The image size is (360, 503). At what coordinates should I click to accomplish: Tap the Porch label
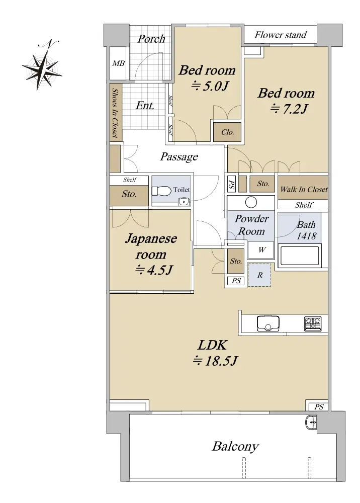click(151, 39)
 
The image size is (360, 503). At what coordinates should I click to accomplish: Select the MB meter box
click(118, 63)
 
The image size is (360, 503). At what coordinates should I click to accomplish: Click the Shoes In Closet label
click(115, 113)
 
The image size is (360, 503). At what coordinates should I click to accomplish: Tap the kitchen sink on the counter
click(268, 323)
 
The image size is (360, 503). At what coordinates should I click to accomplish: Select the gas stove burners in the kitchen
click(313, 323)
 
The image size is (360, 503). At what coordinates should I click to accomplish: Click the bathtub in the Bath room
click(300, 256)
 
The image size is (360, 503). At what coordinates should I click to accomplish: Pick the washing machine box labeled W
click(262, 249)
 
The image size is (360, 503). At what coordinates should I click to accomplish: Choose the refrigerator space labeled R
click(259, 275)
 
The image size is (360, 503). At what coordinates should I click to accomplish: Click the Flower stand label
click(281, 35)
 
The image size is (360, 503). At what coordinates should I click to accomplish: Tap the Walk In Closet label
click(303, 189)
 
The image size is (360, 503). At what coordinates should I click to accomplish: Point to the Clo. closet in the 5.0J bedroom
click(227, 132)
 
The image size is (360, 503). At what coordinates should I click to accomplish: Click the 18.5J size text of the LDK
click(215, 361)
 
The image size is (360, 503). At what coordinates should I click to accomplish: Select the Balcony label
click(235, 447)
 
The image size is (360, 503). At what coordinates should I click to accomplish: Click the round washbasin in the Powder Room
click(251, 202)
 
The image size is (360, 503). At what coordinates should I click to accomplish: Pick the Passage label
click(179, 157)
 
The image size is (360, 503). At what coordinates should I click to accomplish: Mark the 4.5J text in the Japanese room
click(154, 270)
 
